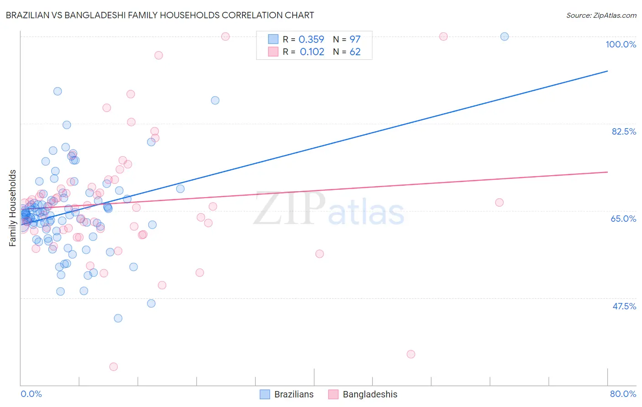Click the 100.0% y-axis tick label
621,44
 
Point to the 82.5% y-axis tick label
624,131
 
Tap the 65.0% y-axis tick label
623,219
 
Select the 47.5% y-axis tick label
624,306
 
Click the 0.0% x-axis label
31,394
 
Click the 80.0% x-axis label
623,394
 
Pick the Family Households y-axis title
13,208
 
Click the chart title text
160,15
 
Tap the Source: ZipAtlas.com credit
601,16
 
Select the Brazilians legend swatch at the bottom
265,394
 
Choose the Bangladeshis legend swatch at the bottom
333,394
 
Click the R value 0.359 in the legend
311,39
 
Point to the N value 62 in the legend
355,52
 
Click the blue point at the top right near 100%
505,37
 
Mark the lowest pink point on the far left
114,367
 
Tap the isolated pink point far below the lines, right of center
411,354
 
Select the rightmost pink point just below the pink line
500,203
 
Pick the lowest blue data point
118,318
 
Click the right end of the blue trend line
607,71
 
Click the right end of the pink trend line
607,172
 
